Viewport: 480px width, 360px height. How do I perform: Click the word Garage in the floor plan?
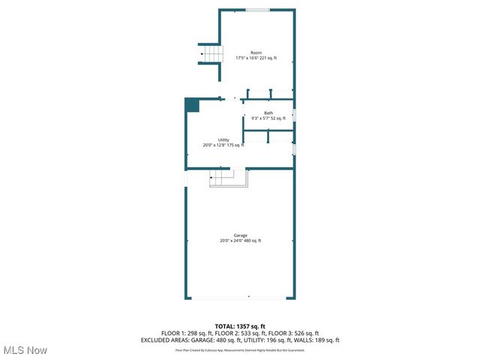240,235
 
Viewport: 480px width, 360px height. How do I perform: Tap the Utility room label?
223,140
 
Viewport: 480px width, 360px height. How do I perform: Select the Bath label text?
268,113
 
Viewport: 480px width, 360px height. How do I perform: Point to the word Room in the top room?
256,52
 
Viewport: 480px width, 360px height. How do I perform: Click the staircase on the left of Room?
211,53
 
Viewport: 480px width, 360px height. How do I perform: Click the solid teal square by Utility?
192,105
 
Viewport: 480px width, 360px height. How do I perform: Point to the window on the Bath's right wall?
294,115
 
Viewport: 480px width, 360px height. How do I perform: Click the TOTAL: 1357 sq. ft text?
240,326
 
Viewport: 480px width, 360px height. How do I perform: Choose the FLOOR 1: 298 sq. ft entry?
187,333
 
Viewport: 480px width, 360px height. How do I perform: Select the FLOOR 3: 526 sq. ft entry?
293,333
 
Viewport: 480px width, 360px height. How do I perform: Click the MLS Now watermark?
25,350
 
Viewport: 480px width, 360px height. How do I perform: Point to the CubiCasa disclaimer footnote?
240,349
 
